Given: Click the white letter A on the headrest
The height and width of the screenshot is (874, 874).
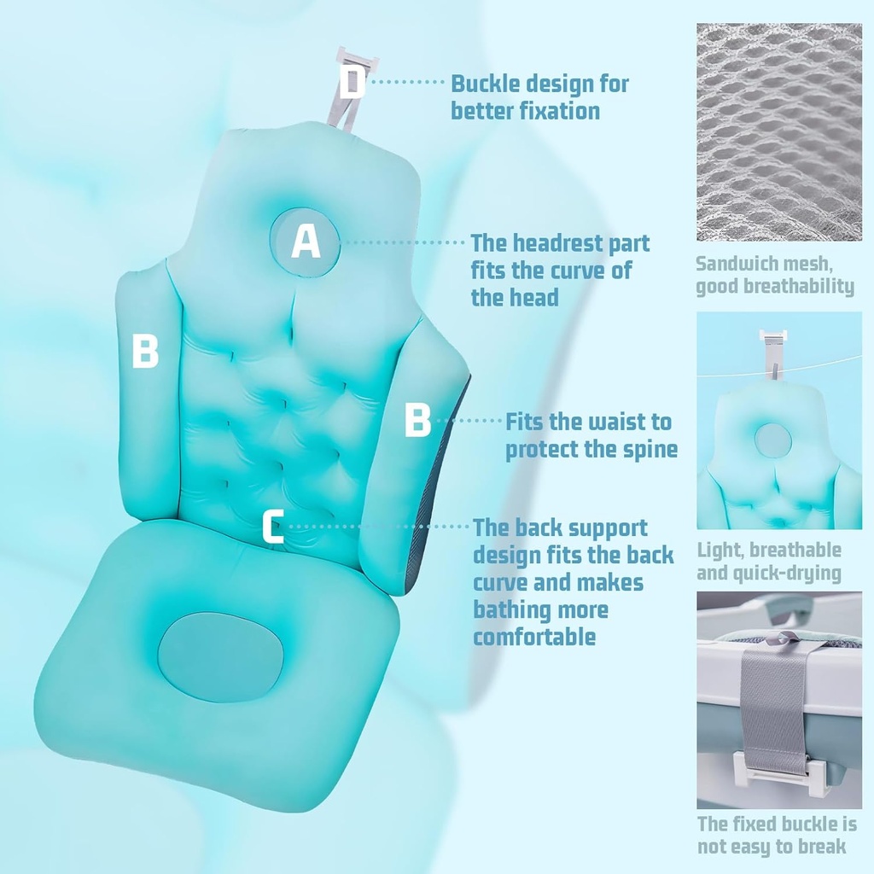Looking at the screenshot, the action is pos(306,242).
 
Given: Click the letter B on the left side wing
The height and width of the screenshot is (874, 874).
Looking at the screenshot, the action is pos(145,351).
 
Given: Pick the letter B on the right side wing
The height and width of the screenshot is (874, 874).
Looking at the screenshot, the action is pos(417,420).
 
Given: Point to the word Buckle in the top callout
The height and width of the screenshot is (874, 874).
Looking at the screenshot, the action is pos(485,84).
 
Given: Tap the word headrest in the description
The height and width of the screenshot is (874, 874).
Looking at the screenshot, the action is pos(556,243).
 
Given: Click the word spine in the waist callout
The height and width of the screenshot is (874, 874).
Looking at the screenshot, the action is pos(650,449).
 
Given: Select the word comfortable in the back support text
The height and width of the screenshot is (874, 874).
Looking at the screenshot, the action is pos(534,637).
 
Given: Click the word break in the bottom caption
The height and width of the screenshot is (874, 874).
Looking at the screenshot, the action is pos(825,847).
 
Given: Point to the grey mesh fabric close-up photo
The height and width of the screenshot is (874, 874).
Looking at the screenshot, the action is pos(779,132).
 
